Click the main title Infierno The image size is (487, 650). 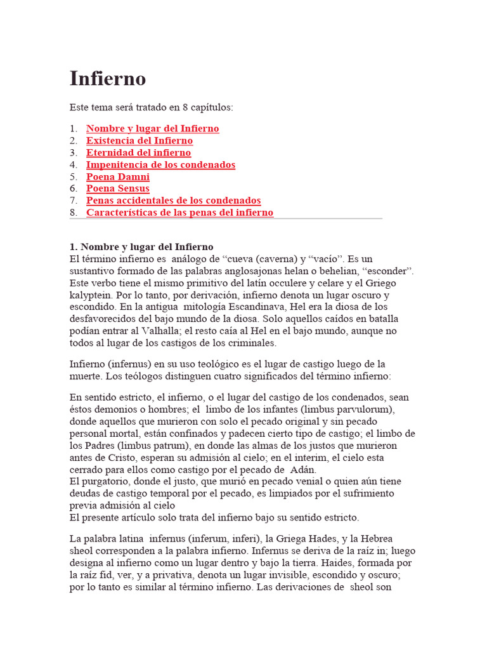[107, 79]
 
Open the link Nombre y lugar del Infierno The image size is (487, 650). [152, 129]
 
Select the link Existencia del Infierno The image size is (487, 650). [140, 141]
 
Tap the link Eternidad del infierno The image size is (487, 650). [138, 153]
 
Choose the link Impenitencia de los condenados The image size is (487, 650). [160, 165]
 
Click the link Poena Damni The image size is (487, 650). [118, 177]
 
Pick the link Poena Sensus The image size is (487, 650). [118, 189]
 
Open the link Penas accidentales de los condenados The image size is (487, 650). [173, 201]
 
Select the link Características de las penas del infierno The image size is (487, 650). [180, 213]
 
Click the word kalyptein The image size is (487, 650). [92, 295]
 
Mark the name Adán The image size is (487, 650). [302, 470]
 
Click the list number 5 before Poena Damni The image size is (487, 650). [73, 177]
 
